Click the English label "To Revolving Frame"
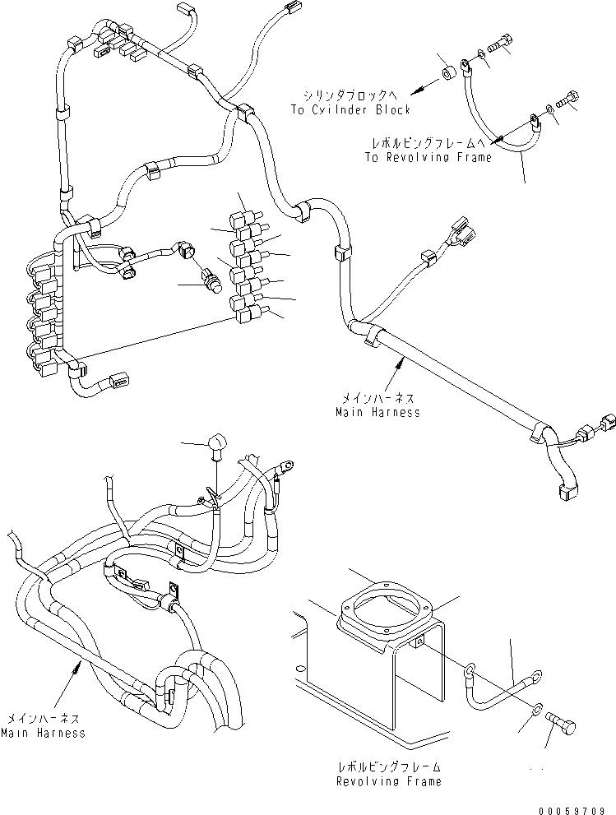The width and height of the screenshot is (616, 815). click(x=430, y=157)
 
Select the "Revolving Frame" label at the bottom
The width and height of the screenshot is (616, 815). click(x=388, y=780)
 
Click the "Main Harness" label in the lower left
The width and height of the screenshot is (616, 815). click(x=43, y=732)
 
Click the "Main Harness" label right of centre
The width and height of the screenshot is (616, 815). click(x=377, y=412)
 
